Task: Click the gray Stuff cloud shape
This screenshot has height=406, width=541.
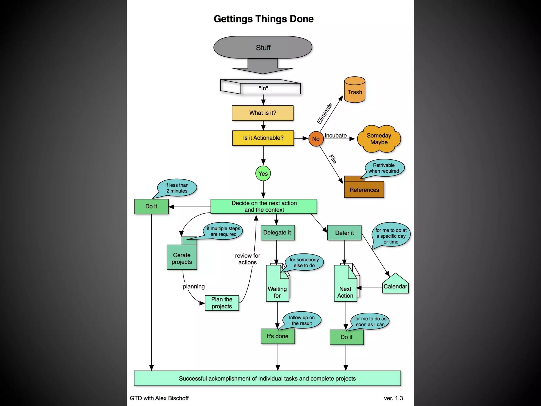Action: point(263,47)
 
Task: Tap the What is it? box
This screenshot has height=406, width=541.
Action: point(263,113)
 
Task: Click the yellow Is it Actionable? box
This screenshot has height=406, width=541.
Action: point(263,138)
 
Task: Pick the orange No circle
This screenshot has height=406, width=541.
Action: point(316,139)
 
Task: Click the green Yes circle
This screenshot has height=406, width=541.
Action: point(263,174)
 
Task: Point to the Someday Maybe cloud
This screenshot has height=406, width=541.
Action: point(379,139)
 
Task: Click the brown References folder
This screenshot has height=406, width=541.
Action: point(364,189)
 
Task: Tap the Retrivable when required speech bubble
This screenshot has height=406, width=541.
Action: point(384,168)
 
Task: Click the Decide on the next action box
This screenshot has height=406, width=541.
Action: point(264,206)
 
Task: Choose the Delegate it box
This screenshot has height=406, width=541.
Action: point(277,233)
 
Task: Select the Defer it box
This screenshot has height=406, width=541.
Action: point(344,233)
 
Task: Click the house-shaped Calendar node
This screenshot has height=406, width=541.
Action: point(395,285)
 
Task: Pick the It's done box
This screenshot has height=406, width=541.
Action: point(277,336)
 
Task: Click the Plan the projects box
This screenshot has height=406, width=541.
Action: point(222,303)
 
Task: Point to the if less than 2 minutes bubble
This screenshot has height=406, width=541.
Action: point(177,188)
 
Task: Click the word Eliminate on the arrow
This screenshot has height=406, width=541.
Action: point(325,114)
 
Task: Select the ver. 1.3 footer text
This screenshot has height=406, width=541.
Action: point(393,398)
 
